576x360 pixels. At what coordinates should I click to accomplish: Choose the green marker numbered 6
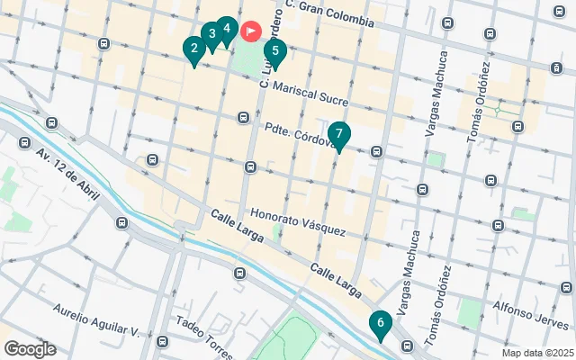[x=381, y=324]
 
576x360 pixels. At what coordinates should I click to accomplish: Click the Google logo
[x=30, y=349]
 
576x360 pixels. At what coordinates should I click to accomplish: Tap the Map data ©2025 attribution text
[x=536, y=353]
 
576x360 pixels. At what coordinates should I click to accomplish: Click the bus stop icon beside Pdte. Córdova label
[x=243, y=118]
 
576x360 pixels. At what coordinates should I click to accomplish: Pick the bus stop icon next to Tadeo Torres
[x=162, y=342]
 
